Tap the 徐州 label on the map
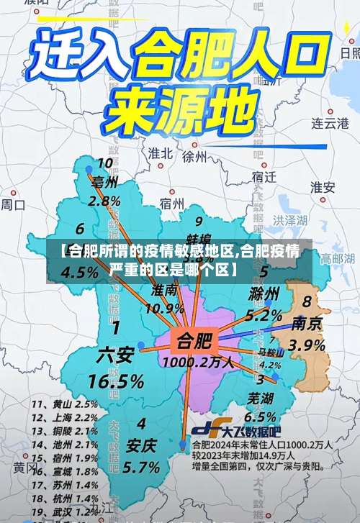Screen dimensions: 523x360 click(x=194, y=155)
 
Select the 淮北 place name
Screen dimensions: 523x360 click(x=160, y=153)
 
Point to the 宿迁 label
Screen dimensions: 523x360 click(x=265, y=176)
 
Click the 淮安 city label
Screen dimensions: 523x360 click(x=323, y=186)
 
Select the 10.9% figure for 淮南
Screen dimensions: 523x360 click(x=165, y=308)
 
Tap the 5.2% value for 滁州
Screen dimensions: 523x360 click(x=264, y=314)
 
